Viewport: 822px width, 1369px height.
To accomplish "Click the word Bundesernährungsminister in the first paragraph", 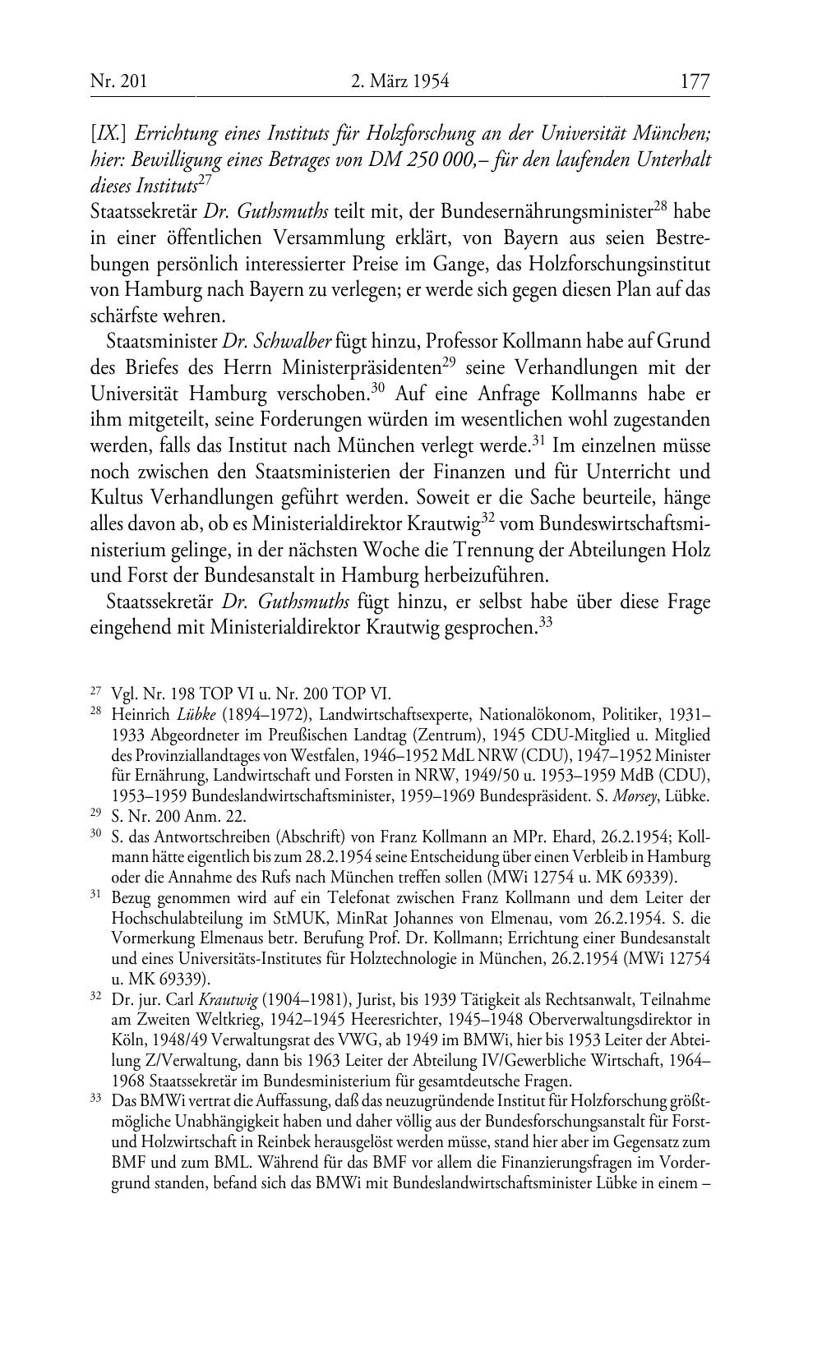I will pyautogui.click(x=541, y=212).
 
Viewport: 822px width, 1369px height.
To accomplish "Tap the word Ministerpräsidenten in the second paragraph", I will pyautogui.click(x=360, y=367).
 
